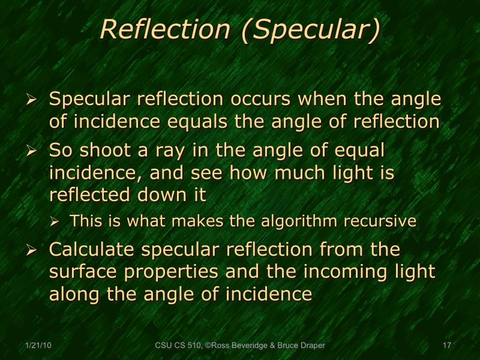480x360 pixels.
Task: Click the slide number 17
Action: (x=446, y=346)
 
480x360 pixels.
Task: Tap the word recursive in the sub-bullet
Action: (x=380, y=221)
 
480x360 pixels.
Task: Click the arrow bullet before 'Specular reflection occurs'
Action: (x=33, y=100)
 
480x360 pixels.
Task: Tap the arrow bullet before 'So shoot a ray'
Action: (x=33, y=151)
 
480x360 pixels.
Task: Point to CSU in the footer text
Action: (x=163, y=346)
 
